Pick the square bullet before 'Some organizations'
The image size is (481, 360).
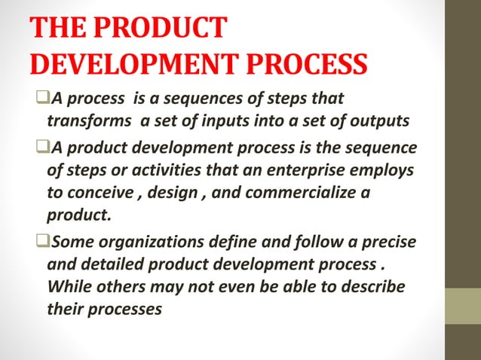click(x=41, y=240)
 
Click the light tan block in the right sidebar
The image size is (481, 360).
click(x=464, y=306)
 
